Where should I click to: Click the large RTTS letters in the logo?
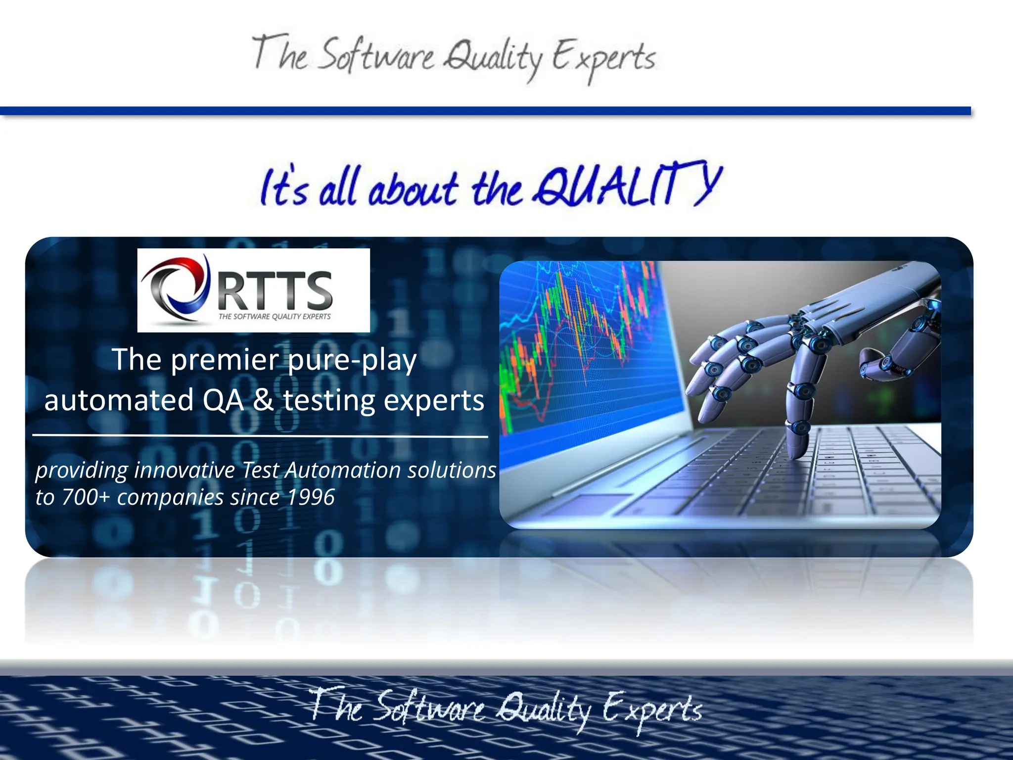(275, 290)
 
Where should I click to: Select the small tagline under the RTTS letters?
(275, 317)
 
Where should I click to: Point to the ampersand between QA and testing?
(263, 400)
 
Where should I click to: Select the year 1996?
(311, 497)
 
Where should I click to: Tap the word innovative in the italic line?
(184, 471)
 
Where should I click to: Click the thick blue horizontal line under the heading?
(485, 111)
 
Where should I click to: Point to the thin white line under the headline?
(260, 436)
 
